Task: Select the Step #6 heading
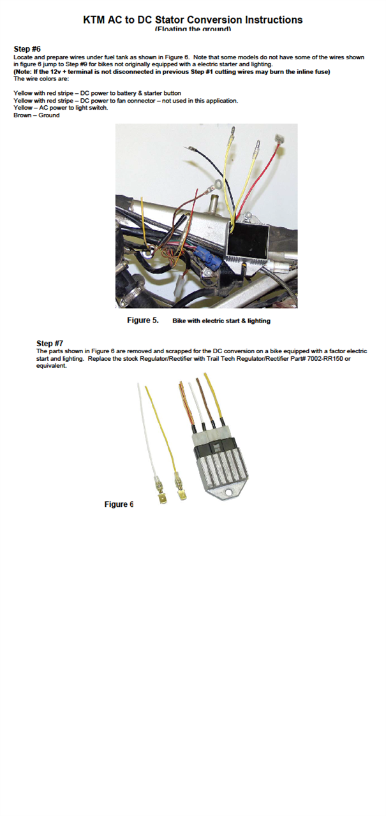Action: point(27,49)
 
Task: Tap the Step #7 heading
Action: point(50,344)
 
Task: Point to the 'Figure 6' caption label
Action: point(119,504)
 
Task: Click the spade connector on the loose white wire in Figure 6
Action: point(156,494)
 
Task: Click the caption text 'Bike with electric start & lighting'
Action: point(221,321)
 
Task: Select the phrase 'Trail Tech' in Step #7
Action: point(268,358)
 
